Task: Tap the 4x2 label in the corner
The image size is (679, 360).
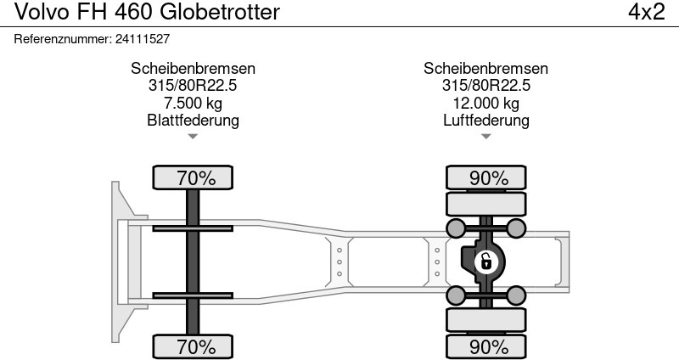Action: tap(645, 13)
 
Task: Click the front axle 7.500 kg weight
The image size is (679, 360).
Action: tap(193, 104)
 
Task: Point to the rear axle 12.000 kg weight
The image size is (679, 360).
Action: tap(485, 104)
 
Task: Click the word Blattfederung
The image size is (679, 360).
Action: tap(193, 121)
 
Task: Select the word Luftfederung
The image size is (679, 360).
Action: tap(485, 121)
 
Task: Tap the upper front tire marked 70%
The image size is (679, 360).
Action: tap(196, 178)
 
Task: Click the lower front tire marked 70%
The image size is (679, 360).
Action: tap(196, 346)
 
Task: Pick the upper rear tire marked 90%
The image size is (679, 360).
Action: tap(488, 178)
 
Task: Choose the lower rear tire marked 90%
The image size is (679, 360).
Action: tap(488, 346)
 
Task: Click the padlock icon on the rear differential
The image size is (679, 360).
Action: tap(485, 262)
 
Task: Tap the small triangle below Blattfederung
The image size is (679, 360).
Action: tap(193, 137)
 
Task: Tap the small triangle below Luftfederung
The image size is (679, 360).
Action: tap(485, 137)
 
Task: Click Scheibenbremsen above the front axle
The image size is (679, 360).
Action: tap(193, 69)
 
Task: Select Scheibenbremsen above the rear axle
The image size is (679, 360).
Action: tap(485, 69)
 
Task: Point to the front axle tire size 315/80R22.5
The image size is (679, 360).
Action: tap(193, 86)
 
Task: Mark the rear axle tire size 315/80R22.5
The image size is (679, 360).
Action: tap(485, 86)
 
